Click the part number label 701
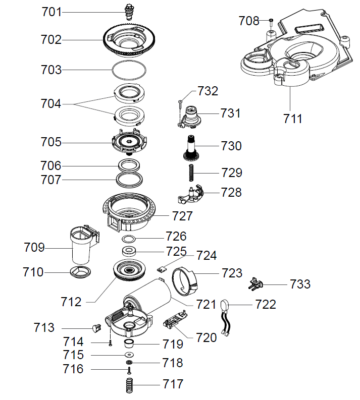52,11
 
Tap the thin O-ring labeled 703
129,70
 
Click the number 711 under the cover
293,119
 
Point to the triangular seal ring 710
80,272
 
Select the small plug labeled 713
95,328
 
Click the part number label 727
183,216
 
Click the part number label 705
52,142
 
